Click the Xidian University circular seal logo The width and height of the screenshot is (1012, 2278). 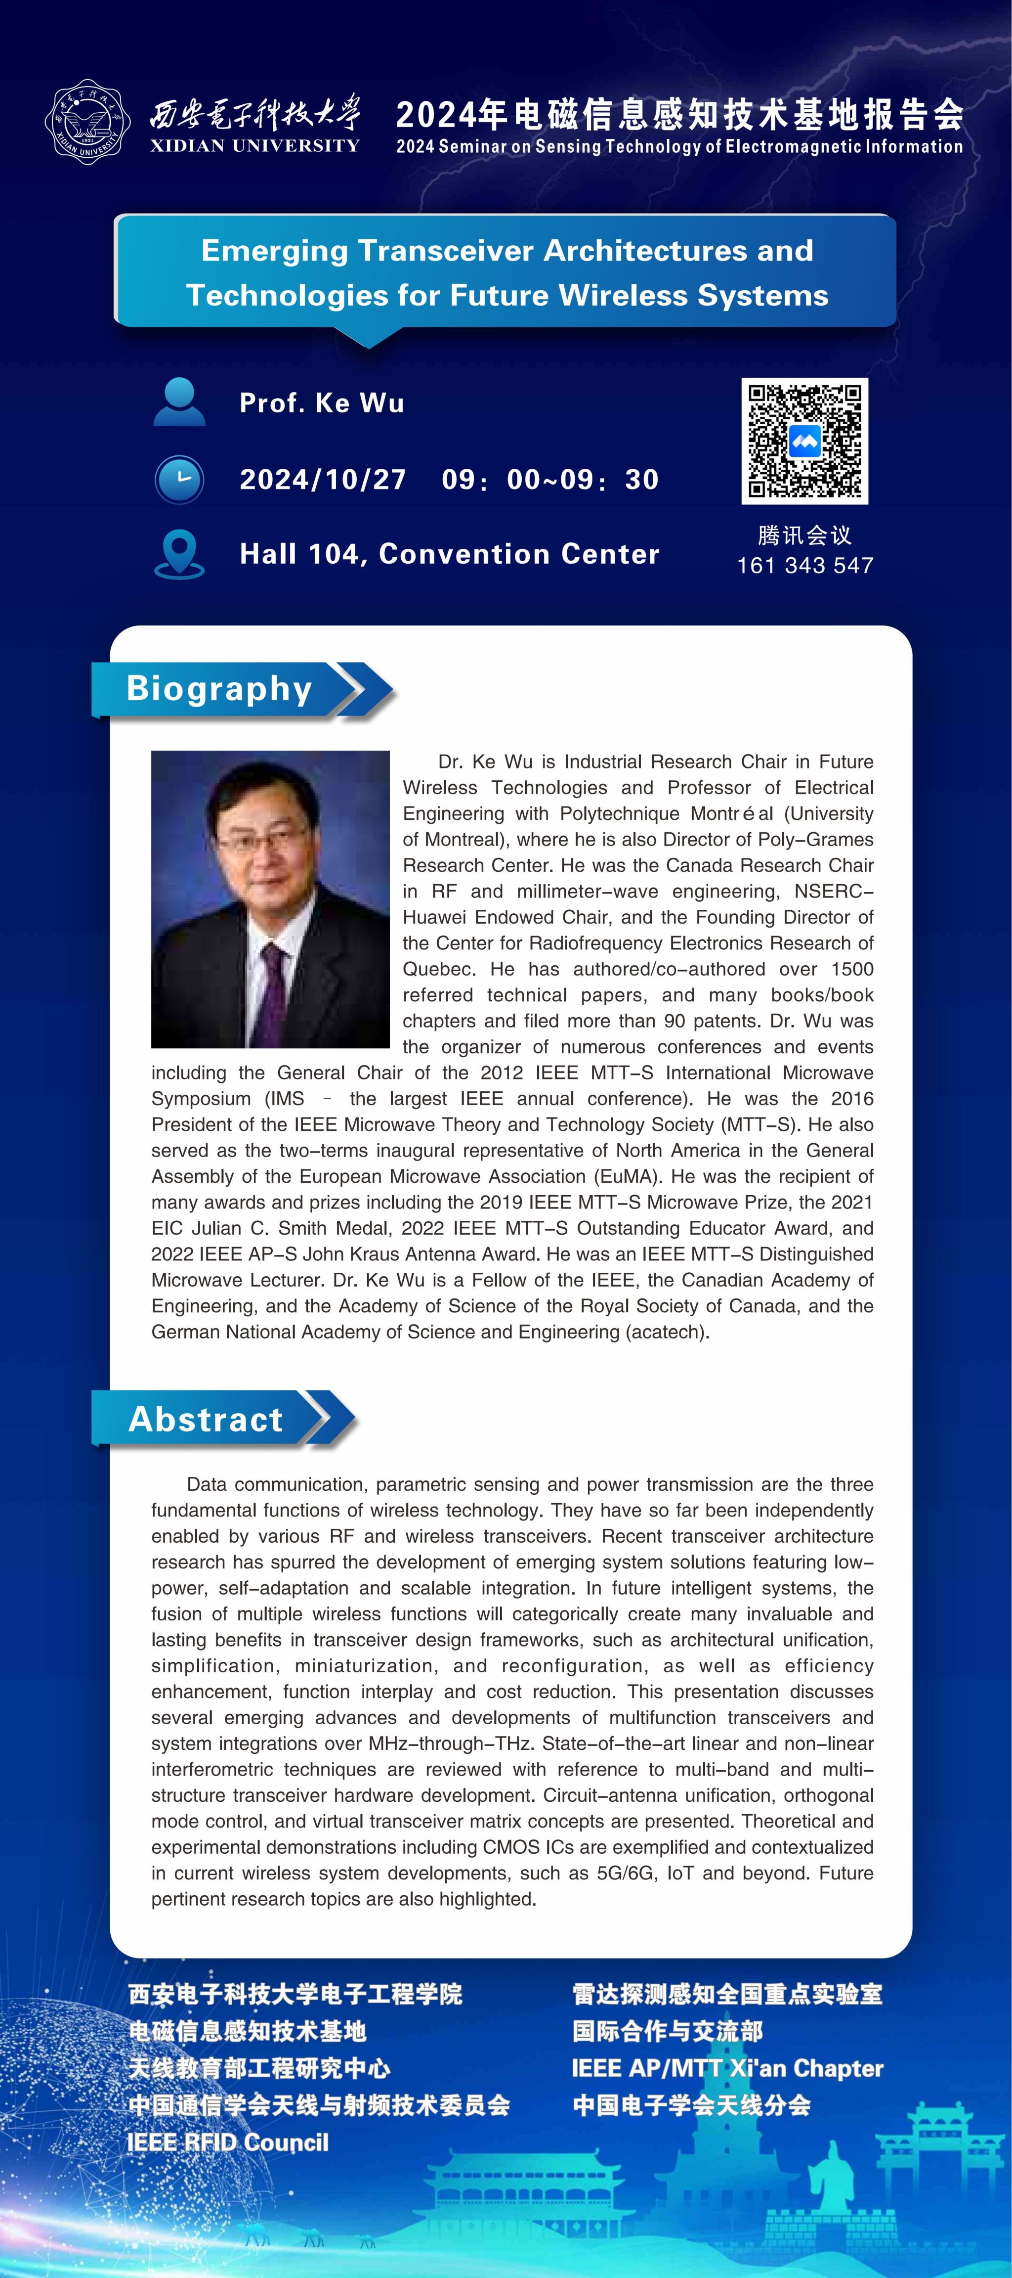click(x=87, y=122)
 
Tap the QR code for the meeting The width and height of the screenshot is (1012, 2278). click(x=804, y=441)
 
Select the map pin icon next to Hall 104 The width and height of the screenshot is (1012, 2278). click(x=179, y=554)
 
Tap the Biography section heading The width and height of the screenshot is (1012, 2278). click(x=219, y=688)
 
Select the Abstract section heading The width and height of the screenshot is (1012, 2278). click(x=206, y=1419)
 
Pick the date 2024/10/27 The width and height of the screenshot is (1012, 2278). click(x=323, y=479)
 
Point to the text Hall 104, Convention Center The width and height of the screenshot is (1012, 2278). click(x=449, y=554)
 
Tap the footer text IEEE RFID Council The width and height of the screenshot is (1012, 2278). click(x=228, y=2142)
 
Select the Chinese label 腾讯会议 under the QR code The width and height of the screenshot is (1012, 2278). click(x=804, y=535)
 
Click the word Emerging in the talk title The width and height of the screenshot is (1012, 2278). click(x=274, y=251)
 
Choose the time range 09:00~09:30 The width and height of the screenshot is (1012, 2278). click(x=550, y=479)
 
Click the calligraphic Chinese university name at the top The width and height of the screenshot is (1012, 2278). click(x=254, y=115)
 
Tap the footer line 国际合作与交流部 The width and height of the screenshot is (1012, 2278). click(x=667, y=2030)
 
